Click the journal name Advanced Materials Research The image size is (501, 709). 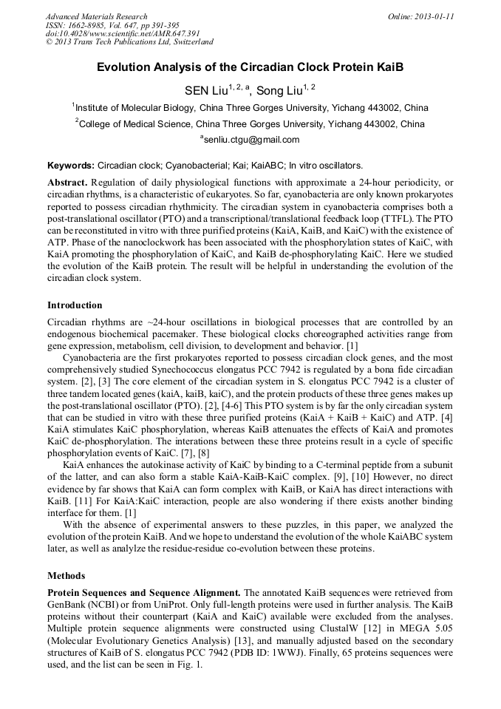click(96, 16)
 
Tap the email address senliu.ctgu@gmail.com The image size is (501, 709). click(252, 140)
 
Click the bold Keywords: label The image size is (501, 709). click(70, 166)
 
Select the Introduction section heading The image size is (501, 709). click(75, 305)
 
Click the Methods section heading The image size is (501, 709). click(66, 575)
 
